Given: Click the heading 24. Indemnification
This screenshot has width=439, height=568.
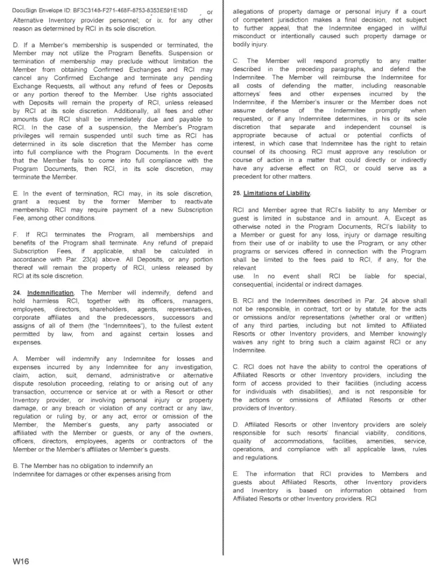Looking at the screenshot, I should [x=45, y=293].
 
